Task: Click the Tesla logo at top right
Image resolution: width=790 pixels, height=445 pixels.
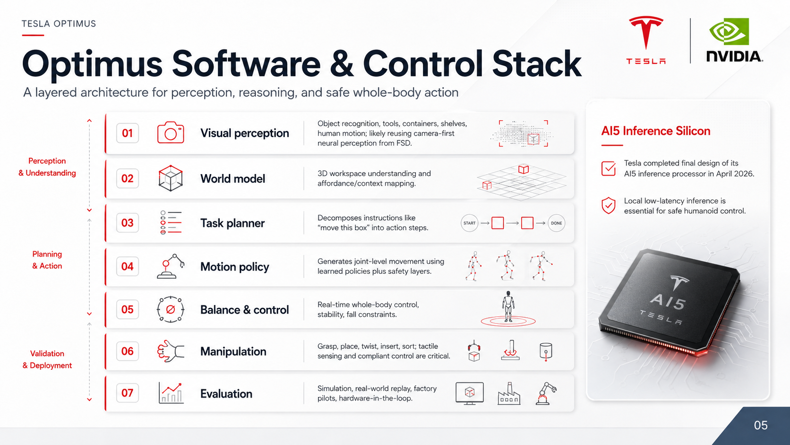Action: (646, 40)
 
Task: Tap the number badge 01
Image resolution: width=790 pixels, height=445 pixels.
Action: (127, 133)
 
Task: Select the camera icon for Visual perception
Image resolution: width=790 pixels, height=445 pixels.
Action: (171, 132)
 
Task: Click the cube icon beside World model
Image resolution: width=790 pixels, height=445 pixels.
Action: (171, 178)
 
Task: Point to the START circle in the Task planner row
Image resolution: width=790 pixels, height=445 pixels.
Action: (469, 223)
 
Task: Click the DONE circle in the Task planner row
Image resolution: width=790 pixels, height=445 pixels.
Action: (556, 223)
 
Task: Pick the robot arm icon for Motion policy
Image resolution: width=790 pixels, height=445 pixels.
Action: (171, 266)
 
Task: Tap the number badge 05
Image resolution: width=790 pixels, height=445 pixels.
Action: (127, 309)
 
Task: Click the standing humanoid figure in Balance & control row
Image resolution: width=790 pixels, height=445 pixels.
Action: (508, 306)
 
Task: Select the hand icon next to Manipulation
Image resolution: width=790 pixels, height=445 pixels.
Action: (171, 351)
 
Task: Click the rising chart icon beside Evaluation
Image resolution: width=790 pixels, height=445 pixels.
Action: (171, 393)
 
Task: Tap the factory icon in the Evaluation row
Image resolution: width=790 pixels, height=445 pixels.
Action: (509, 393)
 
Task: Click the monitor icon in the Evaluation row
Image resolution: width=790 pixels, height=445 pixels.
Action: (469, 393)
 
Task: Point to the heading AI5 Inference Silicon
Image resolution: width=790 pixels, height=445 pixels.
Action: (656, 131)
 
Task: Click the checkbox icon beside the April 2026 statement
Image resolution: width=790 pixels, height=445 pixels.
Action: (609, 168)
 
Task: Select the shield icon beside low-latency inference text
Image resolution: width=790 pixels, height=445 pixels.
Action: (609, 205)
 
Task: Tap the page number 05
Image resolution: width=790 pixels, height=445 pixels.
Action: (761, 425)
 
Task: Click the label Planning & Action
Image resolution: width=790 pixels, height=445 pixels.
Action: (47, 260)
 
